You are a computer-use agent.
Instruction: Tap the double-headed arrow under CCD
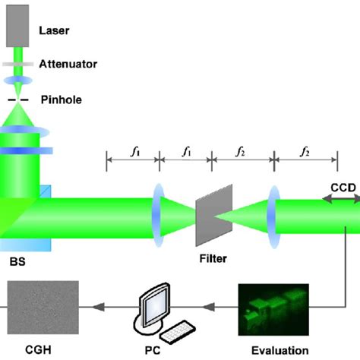coord(342,197)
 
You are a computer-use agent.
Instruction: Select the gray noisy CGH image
coord(43,307)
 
